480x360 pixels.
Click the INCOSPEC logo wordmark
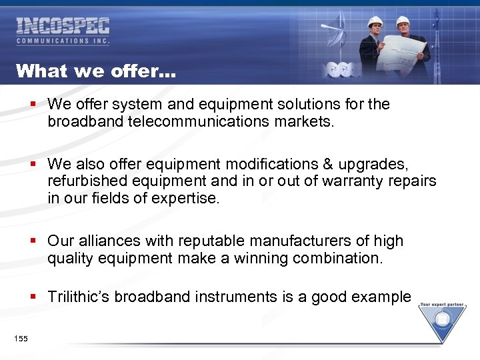pos(63,27)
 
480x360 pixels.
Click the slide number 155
pos(21,339)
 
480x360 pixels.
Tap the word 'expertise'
pos(186,198)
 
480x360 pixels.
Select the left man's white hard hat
pos(375,21)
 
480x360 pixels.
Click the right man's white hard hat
pos(403,21)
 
